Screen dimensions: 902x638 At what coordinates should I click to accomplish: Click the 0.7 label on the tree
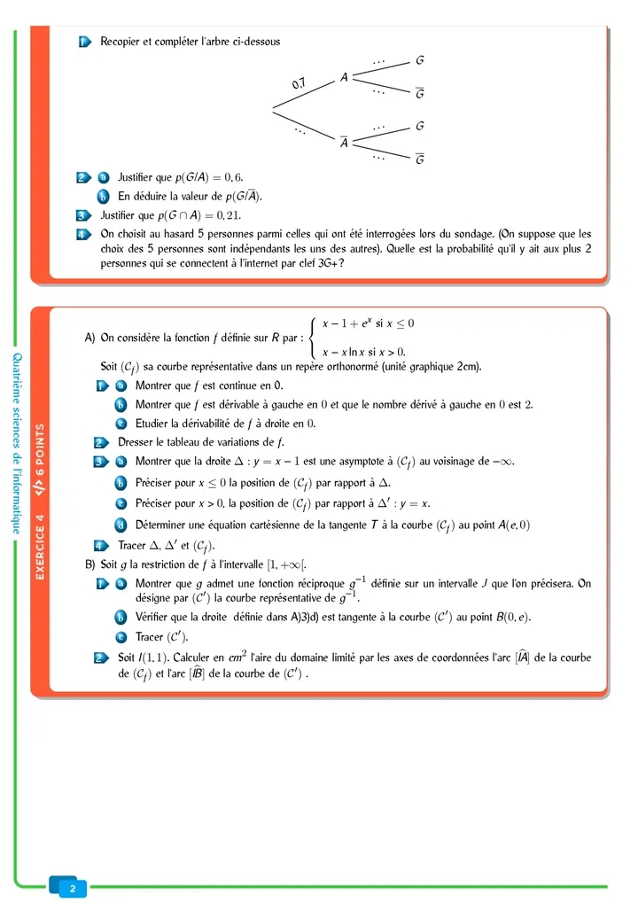299,83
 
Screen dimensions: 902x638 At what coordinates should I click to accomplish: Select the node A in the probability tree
344,78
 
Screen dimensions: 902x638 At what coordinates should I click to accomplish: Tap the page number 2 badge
73,887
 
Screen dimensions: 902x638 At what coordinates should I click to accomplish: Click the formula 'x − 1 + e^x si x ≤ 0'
368,324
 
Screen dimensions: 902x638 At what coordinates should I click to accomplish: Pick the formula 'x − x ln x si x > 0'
363,352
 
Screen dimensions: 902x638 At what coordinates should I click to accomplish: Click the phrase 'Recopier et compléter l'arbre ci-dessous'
191,42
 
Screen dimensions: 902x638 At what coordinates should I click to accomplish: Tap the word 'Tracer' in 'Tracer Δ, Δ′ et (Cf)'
132,545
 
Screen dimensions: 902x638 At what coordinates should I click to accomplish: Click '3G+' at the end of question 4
326,263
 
